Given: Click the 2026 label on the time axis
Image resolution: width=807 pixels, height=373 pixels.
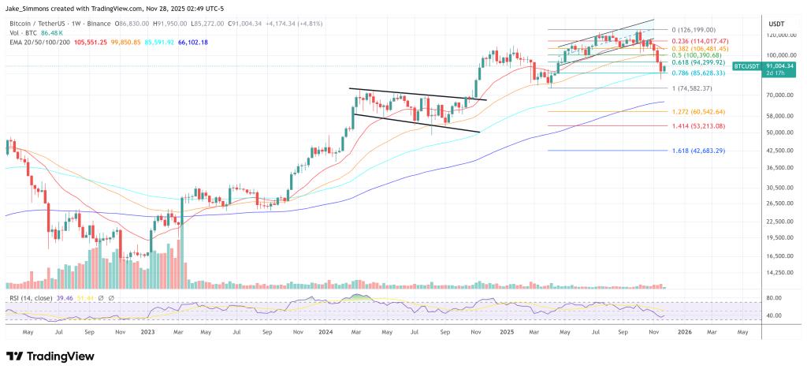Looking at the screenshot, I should coord(685,333).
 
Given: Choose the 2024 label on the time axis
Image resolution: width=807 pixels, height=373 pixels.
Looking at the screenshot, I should coord(326,333).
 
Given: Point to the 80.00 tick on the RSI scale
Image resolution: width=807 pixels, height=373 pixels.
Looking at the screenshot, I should coord(773,298).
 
